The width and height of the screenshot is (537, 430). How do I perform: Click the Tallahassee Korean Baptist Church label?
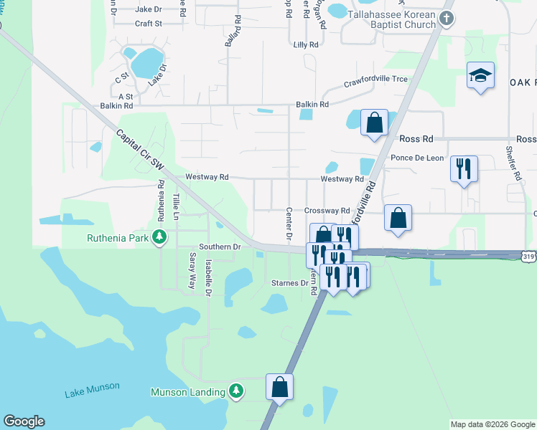[x=392, y=19]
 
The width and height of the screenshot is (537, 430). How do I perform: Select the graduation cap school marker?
[x=480, y=75]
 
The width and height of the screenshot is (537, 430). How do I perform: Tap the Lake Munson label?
[x=92, y=389]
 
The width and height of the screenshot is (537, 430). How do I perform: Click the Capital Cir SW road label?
[x=140, y=150]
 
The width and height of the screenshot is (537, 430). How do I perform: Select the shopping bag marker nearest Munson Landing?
[x=280, y=387]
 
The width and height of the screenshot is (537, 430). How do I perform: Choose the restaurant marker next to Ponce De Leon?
[x=464, y=169]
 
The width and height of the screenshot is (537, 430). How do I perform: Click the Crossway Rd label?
[x=327, y=211]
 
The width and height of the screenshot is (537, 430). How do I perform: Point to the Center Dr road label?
[x=289, y=225]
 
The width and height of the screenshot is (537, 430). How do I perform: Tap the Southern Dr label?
[x=219, y=247]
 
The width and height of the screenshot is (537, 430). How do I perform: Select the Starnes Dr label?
[x=289, y=283]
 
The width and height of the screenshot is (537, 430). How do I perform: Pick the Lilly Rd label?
[x=306, y=44]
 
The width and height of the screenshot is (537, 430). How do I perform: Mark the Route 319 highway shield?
[x=528, y=255]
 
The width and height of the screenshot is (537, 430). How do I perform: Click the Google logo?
[x=24, y=421]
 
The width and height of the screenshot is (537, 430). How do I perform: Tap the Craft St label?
[x=149, y=23]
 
